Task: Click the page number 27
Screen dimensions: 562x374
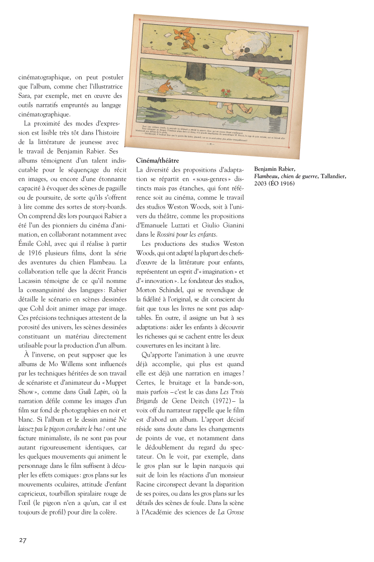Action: [x=23, y=540]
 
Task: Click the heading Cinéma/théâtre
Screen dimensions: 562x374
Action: [x=157, y=161]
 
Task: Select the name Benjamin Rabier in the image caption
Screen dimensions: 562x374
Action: [x=274, y=169]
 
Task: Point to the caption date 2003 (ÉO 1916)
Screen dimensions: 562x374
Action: [x=274, y=184]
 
